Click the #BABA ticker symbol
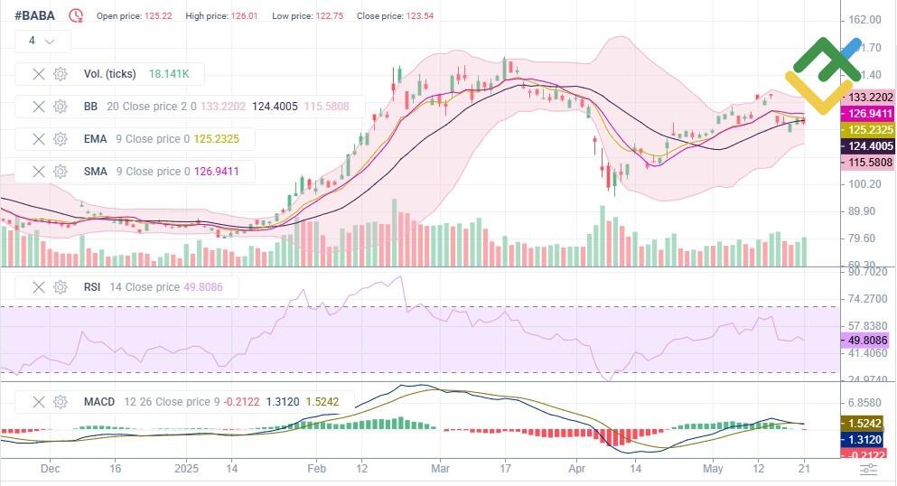click(x=35, y=15)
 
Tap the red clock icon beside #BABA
click(x=77, y=15)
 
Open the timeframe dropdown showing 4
click(x=42, y=41)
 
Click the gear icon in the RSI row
click(x=61, y=287)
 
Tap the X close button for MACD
click(x=39, y=401)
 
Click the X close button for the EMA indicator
click(x=39, y=139)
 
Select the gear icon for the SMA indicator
click(x=61, y=172)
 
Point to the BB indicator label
click(x=90, y=107)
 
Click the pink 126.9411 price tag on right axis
click(x=867, y=114)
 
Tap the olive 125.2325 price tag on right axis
click(x=867, y=130)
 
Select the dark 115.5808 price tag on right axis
click(x=867, y=162)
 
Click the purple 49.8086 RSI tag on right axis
click(x=867, y=341)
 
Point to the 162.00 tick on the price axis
click(x=864, y=20)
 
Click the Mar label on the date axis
click(x=440, y=469)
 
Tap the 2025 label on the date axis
click(x=186, y=469)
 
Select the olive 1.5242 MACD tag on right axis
click(x=867, y=423)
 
